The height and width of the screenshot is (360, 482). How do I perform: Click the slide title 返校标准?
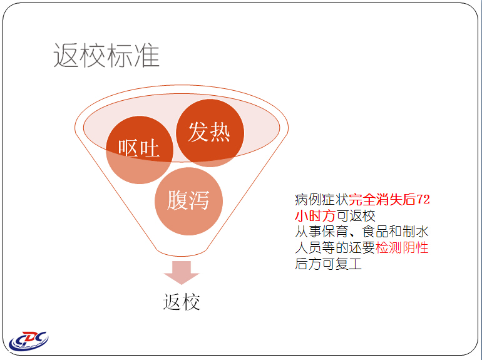(106, 55)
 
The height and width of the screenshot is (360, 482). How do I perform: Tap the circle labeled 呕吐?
(140, 150)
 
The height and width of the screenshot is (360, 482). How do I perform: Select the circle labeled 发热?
(210, 133)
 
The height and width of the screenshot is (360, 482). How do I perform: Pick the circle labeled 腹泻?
(188, 202)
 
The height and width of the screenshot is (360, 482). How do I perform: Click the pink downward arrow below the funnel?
(182, 273)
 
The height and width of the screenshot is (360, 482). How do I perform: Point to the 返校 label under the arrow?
(182, 302)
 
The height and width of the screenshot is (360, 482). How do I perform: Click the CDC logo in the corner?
(29, 341)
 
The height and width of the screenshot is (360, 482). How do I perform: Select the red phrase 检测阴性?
(402, 247)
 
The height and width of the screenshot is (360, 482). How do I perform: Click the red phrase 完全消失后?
(382, 200)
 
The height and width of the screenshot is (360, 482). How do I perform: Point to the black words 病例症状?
(322, 200)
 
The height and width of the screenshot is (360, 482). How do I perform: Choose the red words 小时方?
(315, 215)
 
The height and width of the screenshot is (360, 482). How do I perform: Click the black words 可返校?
(356, 215)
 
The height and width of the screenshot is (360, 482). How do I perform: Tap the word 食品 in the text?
(376, 232)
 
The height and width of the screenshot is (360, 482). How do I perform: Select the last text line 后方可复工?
(328, 264)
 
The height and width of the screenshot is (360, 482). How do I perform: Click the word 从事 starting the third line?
(308, 232)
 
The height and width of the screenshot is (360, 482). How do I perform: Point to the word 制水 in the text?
(415, 232)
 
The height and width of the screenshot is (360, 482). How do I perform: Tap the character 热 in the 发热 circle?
(220, 132)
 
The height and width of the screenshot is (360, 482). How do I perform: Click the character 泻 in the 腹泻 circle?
(199, 200)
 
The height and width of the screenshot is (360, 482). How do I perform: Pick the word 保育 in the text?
(335, 232)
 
